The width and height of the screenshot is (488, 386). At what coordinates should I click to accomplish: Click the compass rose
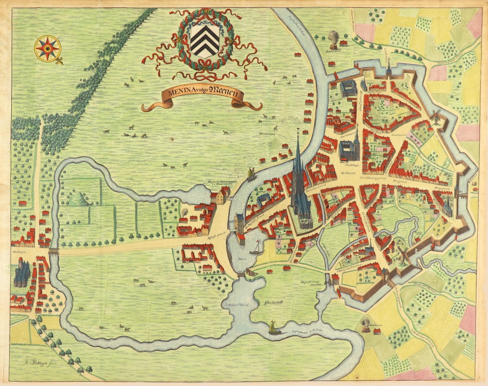point(48,48)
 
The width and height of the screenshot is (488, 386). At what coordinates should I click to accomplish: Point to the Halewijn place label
point(19,249)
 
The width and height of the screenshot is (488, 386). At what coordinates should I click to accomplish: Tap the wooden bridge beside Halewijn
point(53,252)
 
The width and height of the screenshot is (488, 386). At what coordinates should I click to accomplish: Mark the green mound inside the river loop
point(78,199)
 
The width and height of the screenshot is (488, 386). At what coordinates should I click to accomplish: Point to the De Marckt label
point(346,173)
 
